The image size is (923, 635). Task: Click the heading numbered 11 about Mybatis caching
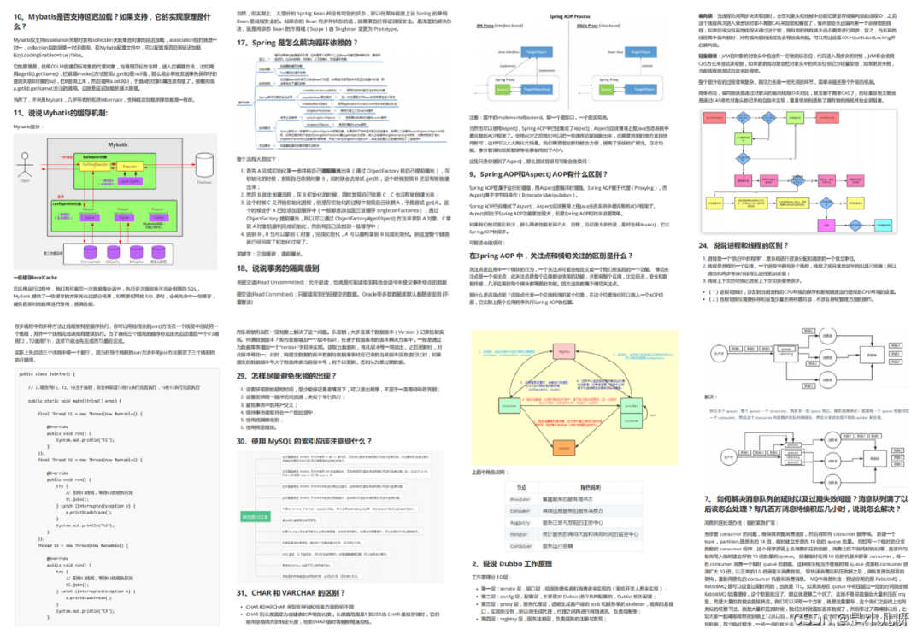click(x=60, y=113)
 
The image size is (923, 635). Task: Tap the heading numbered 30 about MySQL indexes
click(x=305, y=441)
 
